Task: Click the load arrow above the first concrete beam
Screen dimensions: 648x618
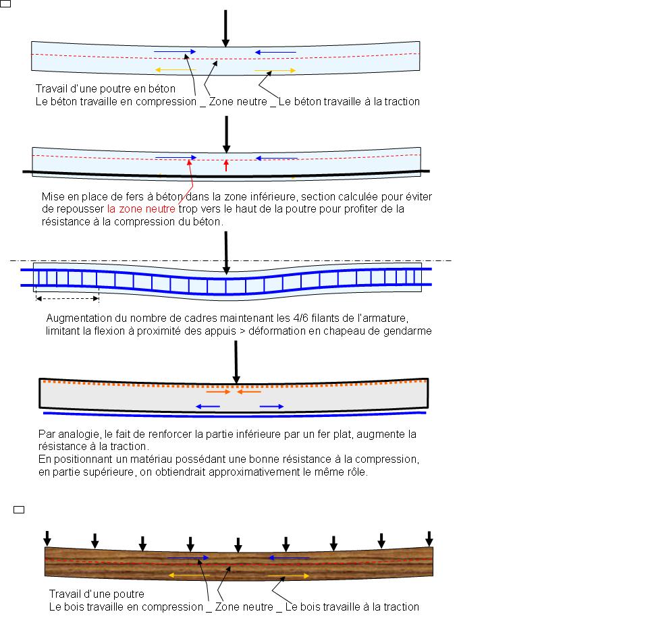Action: coord(225,28)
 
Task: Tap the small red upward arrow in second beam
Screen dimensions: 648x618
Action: coord(226,165)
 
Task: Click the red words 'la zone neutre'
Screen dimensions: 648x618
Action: coord(141,209)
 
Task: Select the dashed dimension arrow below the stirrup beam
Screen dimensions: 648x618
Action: coord(67,298)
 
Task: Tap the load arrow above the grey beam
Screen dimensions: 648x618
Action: coord(236,362)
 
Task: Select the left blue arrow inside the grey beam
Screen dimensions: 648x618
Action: coord(207,407)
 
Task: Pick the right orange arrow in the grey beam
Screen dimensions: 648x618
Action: coord(249,391)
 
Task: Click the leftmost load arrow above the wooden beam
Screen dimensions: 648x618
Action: coord(47,538)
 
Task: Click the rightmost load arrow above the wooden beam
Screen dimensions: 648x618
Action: coord(429,538)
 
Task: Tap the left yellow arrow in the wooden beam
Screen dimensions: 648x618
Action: coord(189,575)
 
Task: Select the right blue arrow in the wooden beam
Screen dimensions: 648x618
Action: coord(289,558)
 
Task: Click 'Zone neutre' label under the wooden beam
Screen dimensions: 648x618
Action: coord(244,607)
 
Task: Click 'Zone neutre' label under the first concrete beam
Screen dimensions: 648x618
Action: coord(238,102)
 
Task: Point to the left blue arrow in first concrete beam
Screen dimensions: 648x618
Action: coord(175,52)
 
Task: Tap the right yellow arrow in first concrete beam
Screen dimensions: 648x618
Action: coord(275,70)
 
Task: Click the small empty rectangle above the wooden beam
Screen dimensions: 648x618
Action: coord(19,510)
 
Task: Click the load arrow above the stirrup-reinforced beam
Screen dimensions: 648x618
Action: coord(226,253)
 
